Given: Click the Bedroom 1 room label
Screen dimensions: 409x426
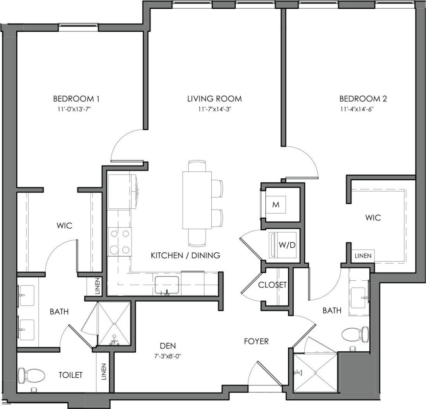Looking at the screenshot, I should (73, 98).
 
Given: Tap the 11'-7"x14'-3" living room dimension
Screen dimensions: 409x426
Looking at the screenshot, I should (214, 109).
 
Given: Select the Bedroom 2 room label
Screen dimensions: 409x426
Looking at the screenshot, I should (363, 98).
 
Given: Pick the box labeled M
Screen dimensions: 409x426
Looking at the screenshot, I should (276, 205).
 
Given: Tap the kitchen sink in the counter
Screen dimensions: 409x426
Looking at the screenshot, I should (167, 285).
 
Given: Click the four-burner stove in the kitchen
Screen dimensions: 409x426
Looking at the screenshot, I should (120, 242).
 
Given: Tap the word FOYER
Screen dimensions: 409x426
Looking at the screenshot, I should (256, 341).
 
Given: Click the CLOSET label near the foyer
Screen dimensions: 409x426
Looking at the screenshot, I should (273, 285).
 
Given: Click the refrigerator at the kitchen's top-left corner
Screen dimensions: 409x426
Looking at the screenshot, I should (121, 192).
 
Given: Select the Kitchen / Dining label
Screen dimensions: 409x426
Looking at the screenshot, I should (185, 255).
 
